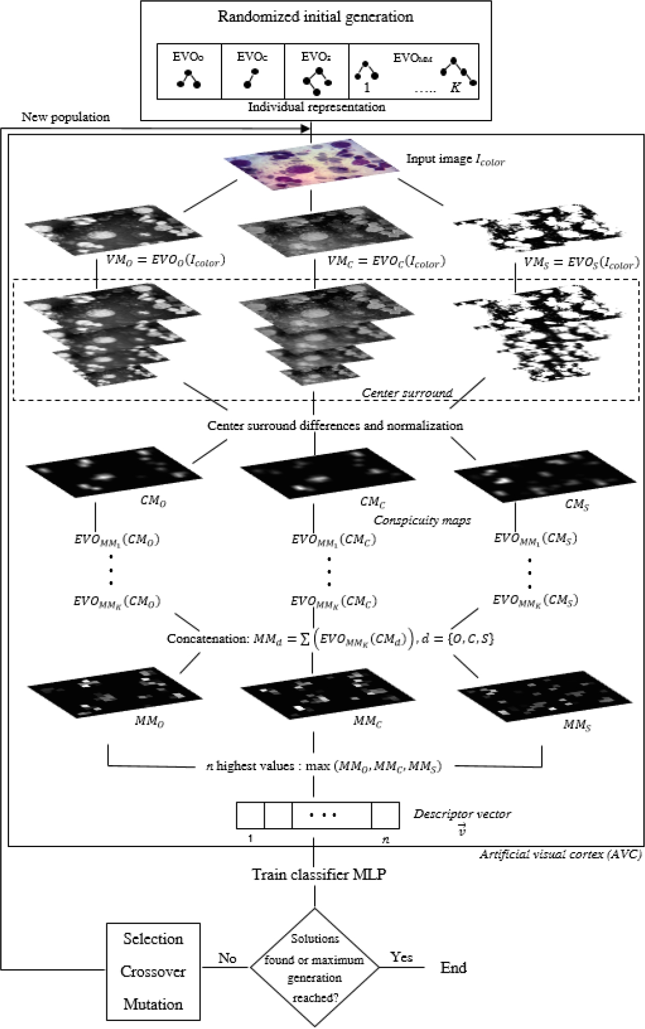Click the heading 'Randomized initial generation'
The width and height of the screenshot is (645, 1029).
315,16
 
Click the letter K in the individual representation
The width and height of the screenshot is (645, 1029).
455,88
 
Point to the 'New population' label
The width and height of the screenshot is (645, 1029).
65,117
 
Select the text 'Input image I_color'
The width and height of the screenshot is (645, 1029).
455,160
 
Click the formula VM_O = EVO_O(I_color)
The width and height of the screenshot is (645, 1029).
166,261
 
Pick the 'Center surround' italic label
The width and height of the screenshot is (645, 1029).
407,392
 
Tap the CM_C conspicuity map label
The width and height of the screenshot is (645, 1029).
373,502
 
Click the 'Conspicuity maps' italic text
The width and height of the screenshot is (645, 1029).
422,520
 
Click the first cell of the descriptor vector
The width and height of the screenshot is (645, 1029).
250,815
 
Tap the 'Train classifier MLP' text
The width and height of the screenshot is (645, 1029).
319,874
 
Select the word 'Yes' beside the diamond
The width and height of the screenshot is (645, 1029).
401,957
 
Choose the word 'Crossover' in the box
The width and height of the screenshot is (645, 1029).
153,971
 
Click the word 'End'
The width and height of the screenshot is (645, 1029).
453,968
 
